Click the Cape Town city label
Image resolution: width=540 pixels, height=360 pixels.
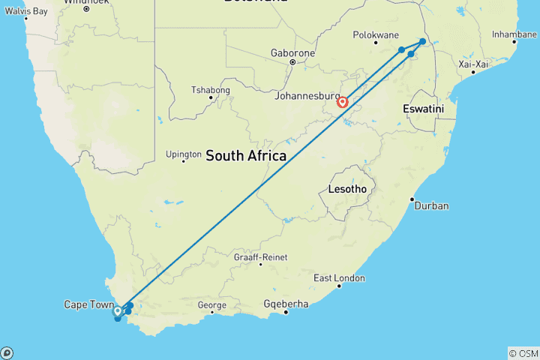(x=88, y=304)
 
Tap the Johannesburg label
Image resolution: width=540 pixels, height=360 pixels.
(x=307, y=96)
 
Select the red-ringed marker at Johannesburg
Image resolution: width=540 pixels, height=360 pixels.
(x=343, y=102)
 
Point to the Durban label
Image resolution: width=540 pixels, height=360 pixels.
(x=430, y=205)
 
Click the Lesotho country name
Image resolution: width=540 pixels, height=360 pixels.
(x=347, y=189)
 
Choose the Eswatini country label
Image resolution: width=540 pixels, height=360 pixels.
(x=424, y=109)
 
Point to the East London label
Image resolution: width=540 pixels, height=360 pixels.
(x=340, y=278)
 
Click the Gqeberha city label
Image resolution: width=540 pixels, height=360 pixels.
(x=286, y=304)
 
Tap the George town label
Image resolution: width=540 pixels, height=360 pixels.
(x=212, y=305)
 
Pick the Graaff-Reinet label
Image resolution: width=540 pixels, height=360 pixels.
(x=260, y=257)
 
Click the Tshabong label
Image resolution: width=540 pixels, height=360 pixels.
(x=211, y=91)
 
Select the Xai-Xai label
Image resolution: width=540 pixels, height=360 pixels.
(x=474, y=64)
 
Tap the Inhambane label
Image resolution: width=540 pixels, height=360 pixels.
(x=514, y=34)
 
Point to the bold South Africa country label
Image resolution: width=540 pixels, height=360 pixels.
(x=246, y=156)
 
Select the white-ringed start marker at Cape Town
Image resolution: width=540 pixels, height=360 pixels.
(x=118, y=310)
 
